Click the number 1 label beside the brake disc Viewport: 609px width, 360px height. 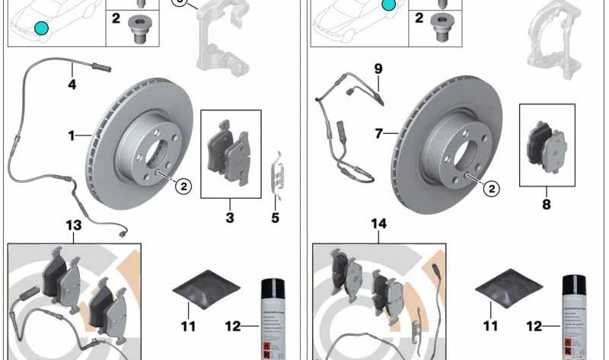tap(71, 136)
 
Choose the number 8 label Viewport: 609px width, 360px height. tap(546, 204)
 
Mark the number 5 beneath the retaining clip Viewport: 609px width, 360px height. tap(275, 218)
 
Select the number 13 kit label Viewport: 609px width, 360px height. tap(73, 225)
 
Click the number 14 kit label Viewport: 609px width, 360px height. tap(379, 225)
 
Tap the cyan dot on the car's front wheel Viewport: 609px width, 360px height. tap(40, 29)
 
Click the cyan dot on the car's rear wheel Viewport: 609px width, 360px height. tap(388, 6)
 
